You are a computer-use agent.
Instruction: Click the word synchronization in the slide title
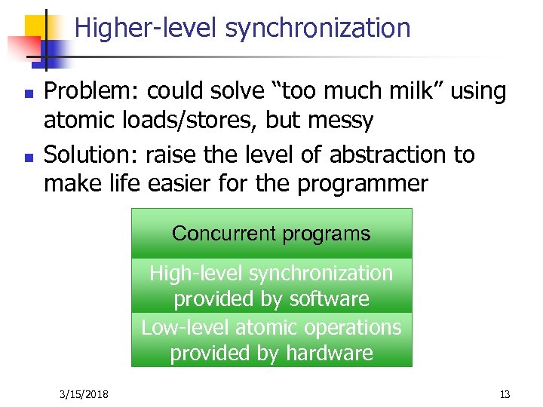(x=318, y=29)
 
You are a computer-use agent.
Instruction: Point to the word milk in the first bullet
(x=403, y=92)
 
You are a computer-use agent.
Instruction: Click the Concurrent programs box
(x=271, y=234)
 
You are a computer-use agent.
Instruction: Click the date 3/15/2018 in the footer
(x=83, y=394)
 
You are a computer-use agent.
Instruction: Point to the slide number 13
(x=505, y=394)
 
